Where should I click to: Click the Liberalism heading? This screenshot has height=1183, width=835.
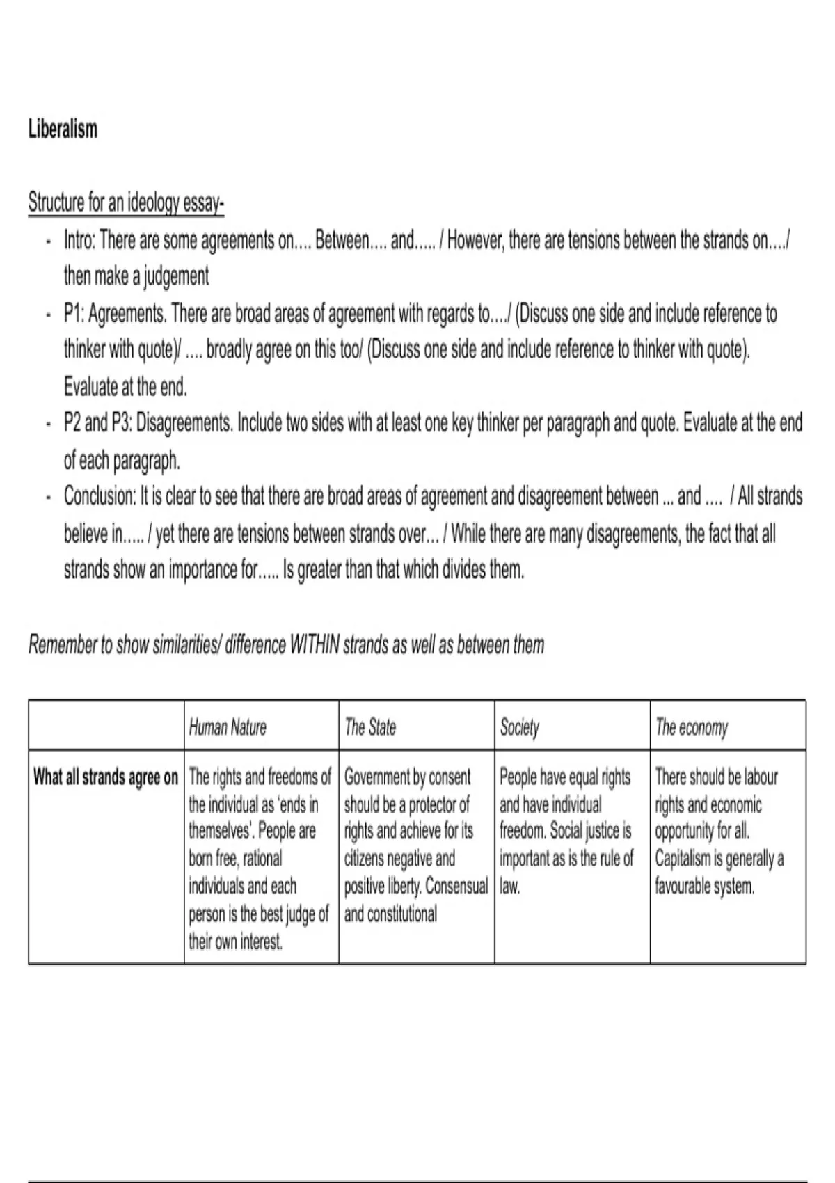tap(63, 129)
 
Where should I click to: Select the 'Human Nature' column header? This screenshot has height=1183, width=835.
tap(228, 727)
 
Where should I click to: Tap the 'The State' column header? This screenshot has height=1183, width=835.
tap(370, 727)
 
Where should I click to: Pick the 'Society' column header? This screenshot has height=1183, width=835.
tap(519, 727)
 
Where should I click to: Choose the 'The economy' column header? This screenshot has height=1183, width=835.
tap(691, 727)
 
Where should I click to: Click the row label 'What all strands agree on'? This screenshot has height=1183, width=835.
tap(106, 777)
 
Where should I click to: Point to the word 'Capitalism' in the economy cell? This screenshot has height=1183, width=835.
tap(680, 859)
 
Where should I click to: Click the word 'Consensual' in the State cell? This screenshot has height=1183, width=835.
tap(456, 887)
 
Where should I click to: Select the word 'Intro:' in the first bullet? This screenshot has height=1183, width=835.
tap(80, 241)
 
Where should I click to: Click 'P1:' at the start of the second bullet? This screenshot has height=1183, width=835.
tap(74, 314)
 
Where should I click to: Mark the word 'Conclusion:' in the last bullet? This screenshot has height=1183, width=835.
tap(100, 497)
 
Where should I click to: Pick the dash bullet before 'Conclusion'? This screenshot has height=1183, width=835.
tap(47, 497)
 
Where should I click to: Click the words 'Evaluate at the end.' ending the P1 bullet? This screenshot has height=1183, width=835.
tap(125, 386)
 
